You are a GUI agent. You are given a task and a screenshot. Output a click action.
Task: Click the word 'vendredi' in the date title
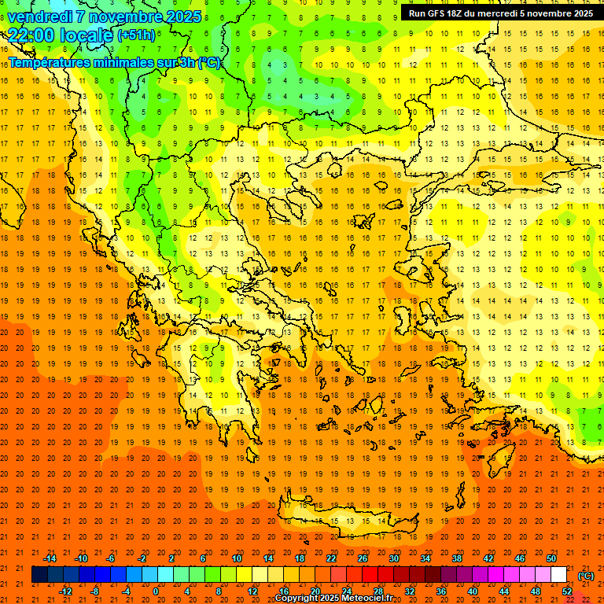tap(39, 17)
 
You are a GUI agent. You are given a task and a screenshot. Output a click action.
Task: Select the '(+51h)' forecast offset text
tap(136, 35)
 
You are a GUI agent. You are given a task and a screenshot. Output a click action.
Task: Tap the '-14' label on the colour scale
tap(50, 558)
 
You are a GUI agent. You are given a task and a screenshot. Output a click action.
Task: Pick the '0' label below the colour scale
tap(155, 591)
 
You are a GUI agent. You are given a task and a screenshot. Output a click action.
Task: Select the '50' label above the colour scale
tap(551, 558)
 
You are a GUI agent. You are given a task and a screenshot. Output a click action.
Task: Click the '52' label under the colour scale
tap(567, 591)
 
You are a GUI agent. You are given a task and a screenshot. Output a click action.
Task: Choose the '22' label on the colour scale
tap(331, 558)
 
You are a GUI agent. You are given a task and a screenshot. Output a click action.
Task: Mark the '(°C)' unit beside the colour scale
tap(586, 576)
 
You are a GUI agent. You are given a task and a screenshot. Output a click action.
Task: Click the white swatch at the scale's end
tap(559, 575)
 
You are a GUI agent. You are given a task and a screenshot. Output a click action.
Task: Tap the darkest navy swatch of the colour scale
tap(39, 575)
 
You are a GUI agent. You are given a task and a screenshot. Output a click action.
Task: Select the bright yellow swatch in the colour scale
tap(244, 575)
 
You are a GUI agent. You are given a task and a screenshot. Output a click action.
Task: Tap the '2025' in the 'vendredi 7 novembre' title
tap(183, 17)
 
